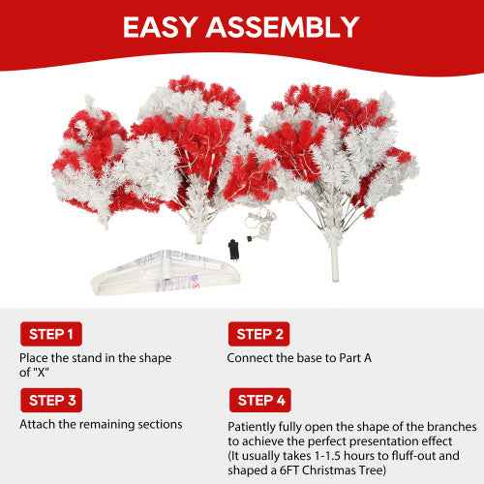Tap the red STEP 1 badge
48,335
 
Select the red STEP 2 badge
257,335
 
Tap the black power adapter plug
234,247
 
